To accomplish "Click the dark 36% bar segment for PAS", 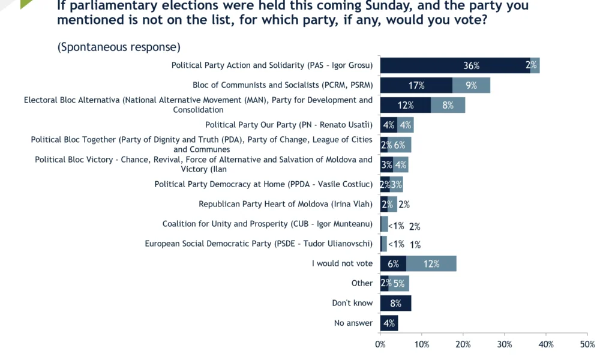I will pos(455,65).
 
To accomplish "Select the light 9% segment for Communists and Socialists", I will pos(471,85).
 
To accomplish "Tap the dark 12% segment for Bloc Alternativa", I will pos(406,105).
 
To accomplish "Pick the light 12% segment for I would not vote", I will pos(431,263).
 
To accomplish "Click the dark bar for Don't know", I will pos(395,303).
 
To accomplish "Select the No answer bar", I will pos(389,323).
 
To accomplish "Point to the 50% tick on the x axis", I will pos(587,344).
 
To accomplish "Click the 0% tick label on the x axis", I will pos(380,344).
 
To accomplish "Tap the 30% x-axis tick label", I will pos(504,344).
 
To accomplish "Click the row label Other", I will pos(362,283).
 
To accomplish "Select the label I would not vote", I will pos(342,263).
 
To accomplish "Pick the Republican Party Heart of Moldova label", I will pos(286,204).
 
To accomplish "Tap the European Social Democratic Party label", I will pos(259,244).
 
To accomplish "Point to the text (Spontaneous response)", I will pos(119,47).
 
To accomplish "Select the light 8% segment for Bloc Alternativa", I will pos(448,105).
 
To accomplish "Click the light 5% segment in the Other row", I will pos(398,283).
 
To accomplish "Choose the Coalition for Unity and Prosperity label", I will pos(268,224).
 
